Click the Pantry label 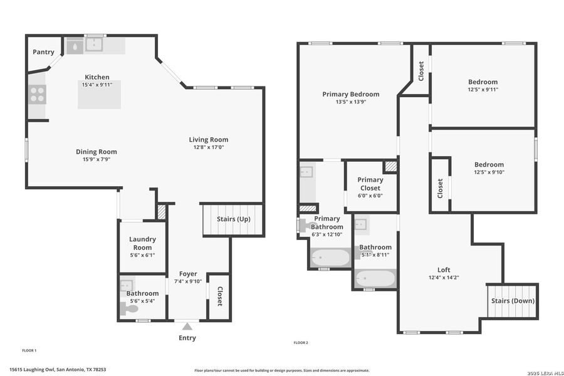tap(43, 52)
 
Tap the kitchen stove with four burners tap(37, 94)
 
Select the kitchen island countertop tap(99, 95)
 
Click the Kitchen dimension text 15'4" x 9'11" tap(97, 85)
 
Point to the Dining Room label tap(97, 151)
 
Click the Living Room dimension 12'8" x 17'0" tap(209, 147)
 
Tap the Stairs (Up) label tap(233, 219)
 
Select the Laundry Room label tap(142, 243)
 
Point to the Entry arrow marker tap(187, 326)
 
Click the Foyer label tap(188, 274)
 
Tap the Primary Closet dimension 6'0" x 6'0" tap(370, 196)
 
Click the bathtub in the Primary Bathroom tap(330, 258)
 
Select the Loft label tap(444, 269)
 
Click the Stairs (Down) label tap(513, 301)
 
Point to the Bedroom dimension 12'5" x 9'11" tap(483, 90)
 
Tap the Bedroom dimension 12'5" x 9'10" tap(489, 172)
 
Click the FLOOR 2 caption tap(301, 343)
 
